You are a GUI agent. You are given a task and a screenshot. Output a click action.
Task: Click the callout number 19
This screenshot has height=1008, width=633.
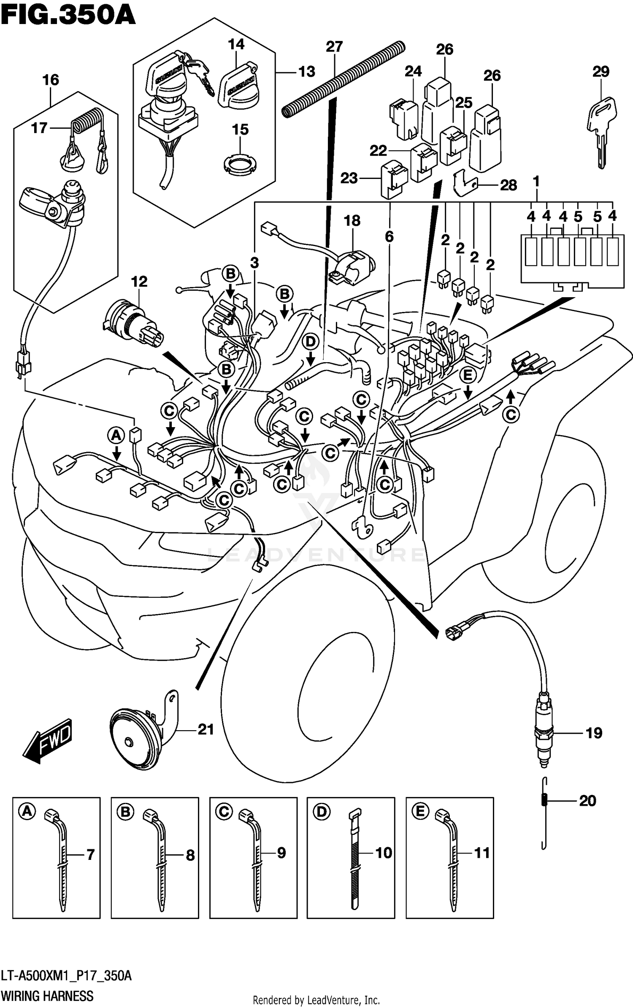click(594, 733)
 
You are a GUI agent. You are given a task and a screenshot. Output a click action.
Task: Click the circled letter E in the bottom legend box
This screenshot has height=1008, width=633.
click(420, 812)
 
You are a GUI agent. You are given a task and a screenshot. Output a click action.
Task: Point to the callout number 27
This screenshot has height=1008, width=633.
click(334, 46)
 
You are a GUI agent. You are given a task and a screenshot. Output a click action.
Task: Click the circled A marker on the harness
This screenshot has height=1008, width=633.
click(116, 435)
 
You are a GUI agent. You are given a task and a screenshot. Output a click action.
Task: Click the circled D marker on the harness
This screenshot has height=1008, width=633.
click(311, 342)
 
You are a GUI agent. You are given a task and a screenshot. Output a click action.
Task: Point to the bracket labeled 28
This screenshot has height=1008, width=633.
click(465, 184)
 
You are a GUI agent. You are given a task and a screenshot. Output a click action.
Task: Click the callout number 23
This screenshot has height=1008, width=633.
click(349, 178)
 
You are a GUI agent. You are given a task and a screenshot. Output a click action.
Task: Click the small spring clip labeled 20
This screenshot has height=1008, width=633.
click(544, 800)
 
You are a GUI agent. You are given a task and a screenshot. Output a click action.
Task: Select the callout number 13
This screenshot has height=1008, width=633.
click(306, 72)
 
